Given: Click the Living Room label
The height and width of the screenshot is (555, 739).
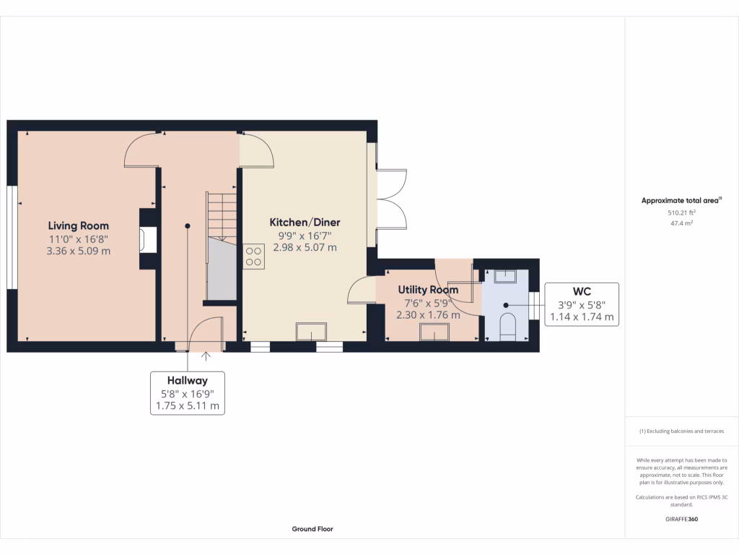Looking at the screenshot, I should tap(79, 225).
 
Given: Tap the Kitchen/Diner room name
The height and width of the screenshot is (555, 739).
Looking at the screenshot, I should tap(305, 222).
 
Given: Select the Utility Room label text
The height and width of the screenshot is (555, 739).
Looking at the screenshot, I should tap(428, 290).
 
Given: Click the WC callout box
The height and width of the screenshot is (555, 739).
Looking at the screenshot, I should tap(582, 304).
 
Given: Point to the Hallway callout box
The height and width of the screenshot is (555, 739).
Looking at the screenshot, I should tap(188, 392).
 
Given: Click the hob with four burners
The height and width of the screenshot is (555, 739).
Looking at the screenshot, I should tap(254, 257).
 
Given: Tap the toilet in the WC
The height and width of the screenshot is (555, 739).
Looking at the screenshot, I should tap(508, 326).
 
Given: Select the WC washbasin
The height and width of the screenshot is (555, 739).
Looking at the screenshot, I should tap(505, 275).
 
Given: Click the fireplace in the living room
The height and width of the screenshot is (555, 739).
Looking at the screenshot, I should tap(149, 240).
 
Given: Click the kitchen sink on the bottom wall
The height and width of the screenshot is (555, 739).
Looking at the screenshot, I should tap(311, 332).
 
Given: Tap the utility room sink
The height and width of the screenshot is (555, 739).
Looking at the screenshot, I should tap(435, 332).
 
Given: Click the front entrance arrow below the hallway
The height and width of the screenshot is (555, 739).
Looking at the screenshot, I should tap(206, 356).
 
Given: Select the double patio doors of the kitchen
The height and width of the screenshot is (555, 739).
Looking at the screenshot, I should tap(390, 199).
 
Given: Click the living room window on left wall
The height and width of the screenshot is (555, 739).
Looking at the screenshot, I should tap(12, 238).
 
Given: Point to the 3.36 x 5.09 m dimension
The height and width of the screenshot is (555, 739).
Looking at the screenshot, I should tap(79, 251).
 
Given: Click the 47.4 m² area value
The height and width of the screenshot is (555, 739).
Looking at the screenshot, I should tap(681, 224).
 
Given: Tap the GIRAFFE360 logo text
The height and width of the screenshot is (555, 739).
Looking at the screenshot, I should tap(681, 519).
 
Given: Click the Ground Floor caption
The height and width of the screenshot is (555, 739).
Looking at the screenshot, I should tap(312, 529).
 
